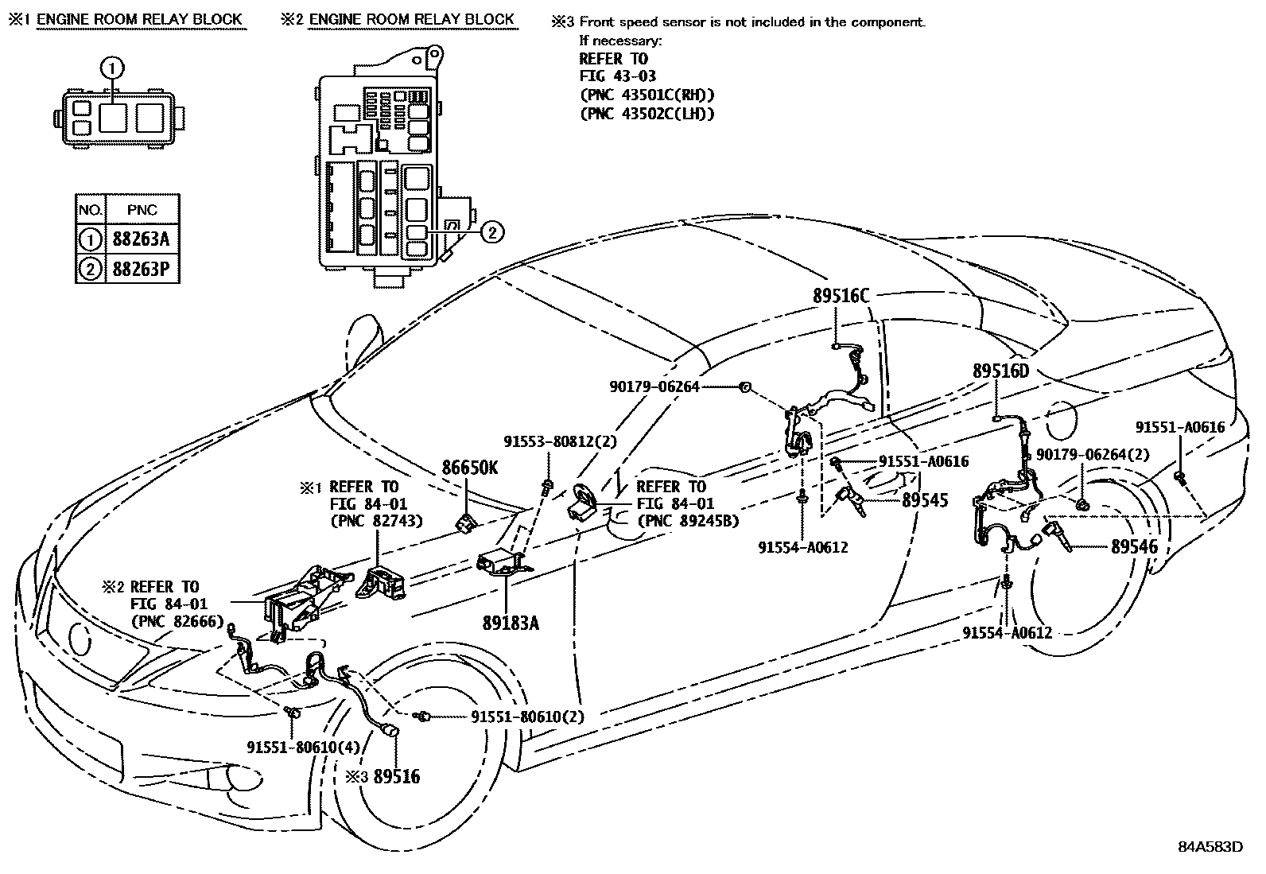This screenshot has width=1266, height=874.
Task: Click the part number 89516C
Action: [x=841, y=296]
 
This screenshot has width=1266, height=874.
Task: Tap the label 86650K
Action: [x=469, y=468]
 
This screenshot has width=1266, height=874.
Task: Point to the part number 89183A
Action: [x=510, y=623]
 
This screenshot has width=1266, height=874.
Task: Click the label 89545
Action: [x=925, y=500]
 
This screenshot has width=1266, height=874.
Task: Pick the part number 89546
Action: [x=1134, y=546]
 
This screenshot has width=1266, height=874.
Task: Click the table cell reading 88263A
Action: [x=142, y=239]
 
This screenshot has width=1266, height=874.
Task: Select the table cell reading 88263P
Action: [x=142, y=270]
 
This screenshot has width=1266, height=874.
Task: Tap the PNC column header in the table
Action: [x=142, y=210]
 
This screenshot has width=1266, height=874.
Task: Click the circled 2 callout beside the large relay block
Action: [x=492, y=232]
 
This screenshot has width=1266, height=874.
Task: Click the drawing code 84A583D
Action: [x=1210, y=846]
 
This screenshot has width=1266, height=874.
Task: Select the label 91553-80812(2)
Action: [x=560, y=441]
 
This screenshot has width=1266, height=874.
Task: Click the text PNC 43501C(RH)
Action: [x=647, y=95]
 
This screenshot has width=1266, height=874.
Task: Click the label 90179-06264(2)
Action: [x=1093, y=454]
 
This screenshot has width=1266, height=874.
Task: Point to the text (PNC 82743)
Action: [x=376, y=522]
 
